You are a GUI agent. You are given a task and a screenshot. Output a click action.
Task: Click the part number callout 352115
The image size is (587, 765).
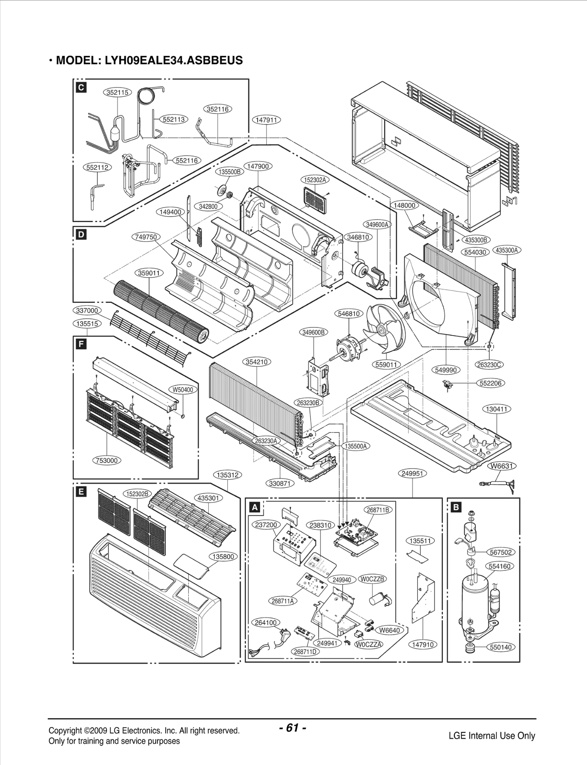pyautogui.click(x=117, y=93)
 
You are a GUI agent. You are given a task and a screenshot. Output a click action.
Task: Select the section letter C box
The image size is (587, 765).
pyautogui.click(x=81, y=87)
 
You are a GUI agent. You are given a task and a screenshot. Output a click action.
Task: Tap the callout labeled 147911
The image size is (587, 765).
pyautogui.click(x=266, y=120)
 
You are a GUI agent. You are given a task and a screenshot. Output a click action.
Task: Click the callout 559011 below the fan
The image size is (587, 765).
pyautogui.click(x=386, y=365)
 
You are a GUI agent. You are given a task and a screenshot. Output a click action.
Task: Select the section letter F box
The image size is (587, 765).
pyautogui.click(x=81, y=344)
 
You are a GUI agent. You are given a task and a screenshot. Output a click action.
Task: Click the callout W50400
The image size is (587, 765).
pyautogui.click(x=183, y=389)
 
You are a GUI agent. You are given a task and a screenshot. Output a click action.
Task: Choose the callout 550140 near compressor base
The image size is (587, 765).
pyautogui.click(x=501, y=647)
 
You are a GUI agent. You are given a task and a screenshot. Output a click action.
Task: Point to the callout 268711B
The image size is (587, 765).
pyautogui.click(x=378, y=510)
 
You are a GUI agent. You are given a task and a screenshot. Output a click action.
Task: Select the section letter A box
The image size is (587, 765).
pyautogui.click(x=254, y=507)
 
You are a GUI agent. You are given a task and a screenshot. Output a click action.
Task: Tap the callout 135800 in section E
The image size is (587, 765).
pyautogui.click(x=223, y=556)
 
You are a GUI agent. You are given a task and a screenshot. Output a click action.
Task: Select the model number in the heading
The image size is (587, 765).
pyautogui.click(x=174, y=60)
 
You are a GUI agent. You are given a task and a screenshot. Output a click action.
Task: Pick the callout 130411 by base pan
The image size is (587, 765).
pyautogui.click(x=496, y=409)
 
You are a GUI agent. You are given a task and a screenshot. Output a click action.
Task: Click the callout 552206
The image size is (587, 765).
pyautogui.click(x=491, y=383)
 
